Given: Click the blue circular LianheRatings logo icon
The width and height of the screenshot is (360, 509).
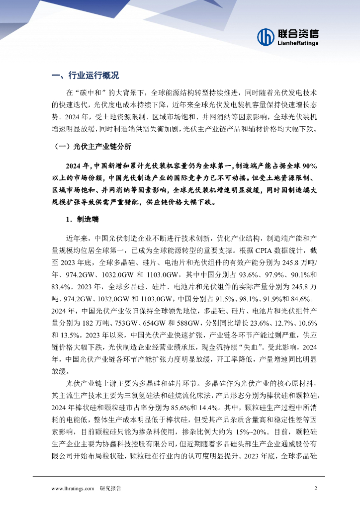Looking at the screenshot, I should pyautogui.click(x=267, y=36).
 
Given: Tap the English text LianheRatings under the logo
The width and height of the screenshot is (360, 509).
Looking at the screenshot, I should pyautogui.click(x=298, y=43).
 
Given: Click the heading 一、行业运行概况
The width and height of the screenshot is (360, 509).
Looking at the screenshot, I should pyautogui.click(x=86, y=76).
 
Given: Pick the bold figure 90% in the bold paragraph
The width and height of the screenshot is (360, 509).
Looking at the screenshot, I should pyautogui.click(x=309, y=165).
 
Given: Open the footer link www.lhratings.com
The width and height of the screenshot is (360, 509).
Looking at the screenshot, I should pyautogui.click(x=73, y=489).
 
